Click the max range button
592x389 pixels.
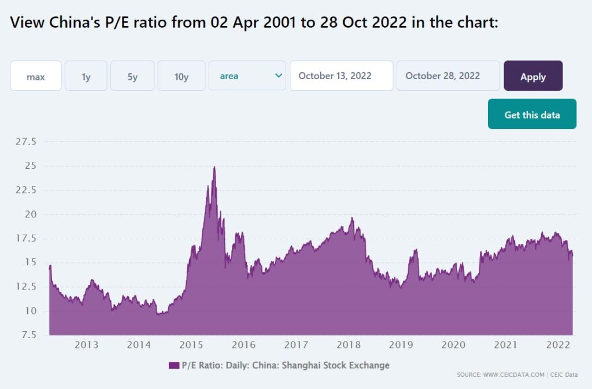(x=36, y=76)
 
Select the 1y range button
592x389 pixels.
(x=86, y=76)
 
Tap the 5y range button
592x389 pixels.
(x=132, y=76)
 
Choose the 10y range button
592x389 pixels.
(x=182, y=76)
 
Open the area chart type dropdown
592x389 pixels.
(x=247, y=76)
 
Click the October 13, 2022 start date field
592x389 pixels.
(x=341, y=76)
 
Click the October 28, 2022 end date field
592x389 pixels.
(x=448, y=76)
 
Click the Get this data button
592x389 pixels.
(x=532, y=114)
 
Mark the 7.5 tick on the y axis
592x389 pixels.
(x=27, y=335)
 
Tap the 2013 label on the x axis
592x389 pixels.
(x=86, y=345)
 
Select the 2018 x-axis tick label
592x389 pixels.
(x=349, y=345)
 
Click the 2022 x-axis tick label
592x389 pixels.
(x=558, y=345)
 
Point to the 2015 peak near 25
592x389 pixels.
(x=214, y=167)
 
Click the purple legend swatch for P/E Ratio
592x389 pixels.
(x=174, y=365)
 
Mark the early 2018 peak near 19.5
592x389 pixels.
(x=352, y=218)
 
